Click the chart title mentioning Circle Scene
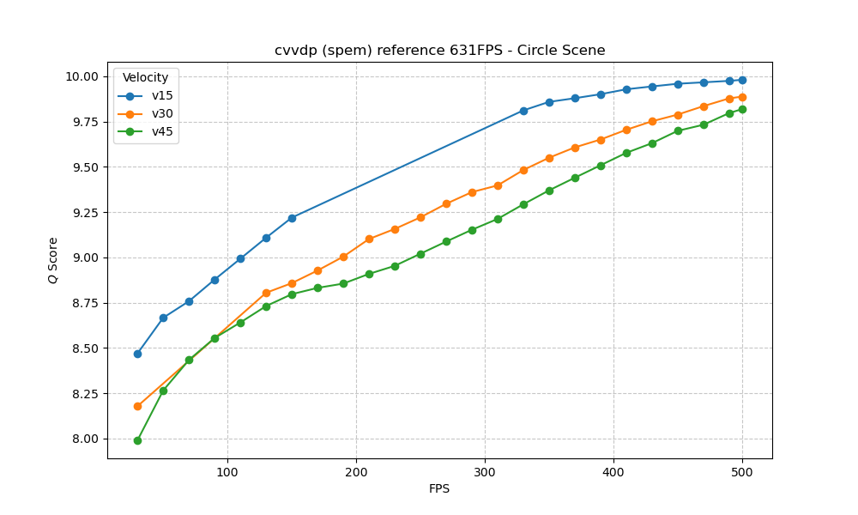(439, 51)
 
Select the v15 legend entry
(162, 96)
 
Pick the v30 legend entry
(162, 114)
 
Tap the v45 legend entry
(162, 131)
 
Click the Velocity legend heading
(145, 78)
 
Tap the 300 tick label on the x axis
(485, 471)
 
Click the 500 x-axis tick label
(742, 471)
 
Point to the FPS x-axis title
(439, 489)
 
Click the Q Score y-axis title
(53, 260)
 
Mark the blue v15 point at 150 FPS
(292, 218)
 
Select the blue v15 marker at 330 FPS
(523, 111)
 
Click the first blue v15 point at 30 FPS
(137, 354)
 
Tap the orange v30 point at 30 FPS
(137, 406)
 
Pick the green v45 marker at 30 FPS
(137, 440)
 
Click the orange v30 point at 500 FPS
(742, 97)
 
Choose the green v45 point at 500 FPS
(742, 109)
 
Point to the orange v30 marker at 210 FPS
(369, 239)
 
